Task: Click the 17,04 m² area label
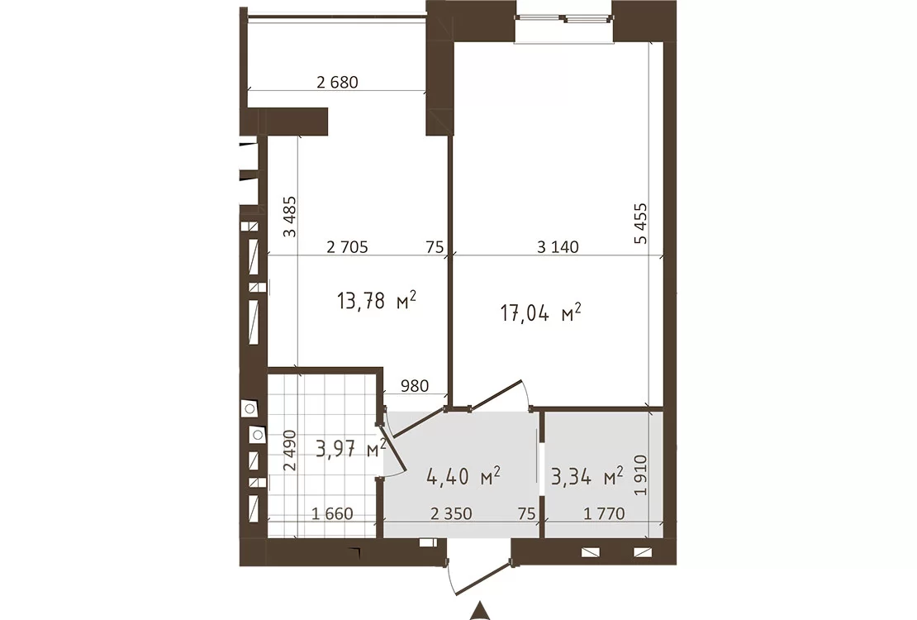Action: [x=540, y=312]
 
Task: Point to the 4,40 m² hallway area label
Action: [x=463, y=476]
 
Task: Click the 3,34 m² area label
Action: [x=587, y=476]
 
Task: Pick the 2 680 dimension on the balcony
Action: [x=337, y=82]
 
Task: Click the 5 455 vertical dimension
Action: [x=641, y=223]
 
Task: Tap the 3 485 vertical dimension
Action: [x=289, y=216]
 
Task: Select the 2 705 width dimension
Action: [x=347, y=247]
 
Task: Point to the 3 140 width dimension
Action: [x=558, y=247]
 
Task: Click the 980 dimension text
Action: [x=415, y=386]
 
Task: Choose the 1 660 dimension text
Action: [x=332, y=514]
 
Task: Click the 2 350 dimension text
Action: [x=451, y=514]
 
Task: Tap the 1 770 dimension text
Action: [x=604, y=514]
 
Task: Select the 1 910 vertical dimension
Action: [x=641, y=475]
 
